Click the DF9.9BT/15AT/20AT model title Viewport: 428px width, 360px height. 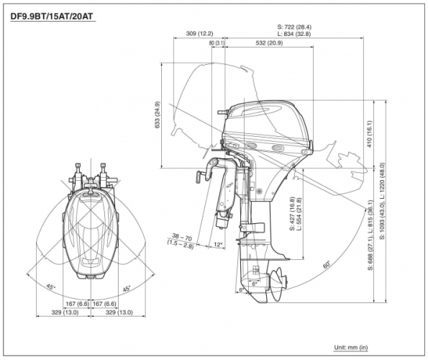(52, 17)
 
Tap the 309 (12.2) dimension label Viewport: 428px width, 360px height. (199, 33)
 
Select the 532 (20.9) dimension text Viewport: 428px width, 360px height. (269, 43)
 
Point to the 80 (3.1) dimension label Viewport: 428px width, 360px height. (217, 43)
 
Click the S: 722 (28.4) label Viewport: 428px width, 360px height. (294, 27)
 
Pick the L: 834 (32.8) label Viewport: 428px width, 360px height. (294, 34)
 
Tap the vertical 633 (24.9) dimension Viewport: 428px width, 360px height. (158, 114)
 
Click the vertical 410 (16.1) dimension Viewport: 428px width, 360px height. (369, 134)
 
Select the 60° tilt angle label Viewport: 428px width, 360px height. (327, 264)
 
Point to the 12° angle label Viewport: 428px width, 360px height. (218, 245)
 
